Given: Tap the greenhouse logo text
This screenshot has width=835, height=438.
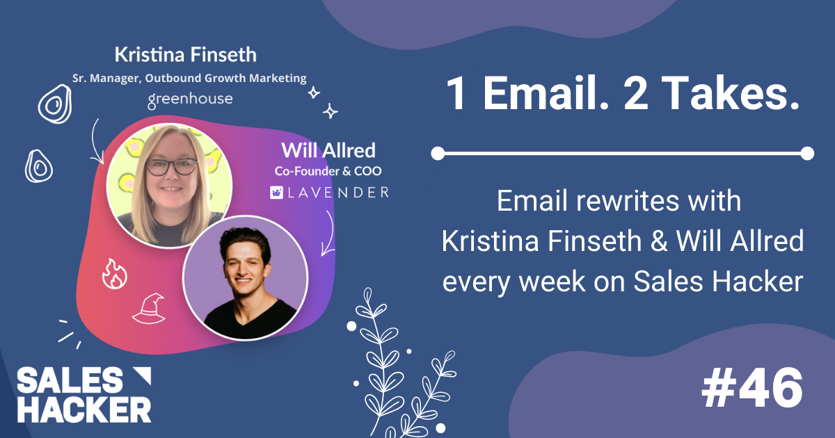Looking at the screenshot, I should tap(190, 100).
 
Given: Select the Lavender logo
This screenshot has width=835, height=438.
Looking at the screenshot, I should tap(329, 192).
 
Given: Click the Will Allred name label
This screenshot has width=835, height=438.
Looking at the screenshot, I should tap(328, 149).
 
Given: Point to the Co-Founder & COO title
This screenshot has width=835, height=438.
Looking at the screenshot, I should tap(328, 170).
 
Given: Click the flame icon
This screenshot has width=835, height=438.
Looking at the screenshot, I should tap(114, 273).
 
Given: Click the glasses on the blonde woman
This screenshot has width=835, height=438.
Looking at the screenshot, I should tap(171, 167).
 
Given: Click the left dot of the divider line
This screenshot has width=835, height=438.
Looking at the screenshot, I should tap(438, 153).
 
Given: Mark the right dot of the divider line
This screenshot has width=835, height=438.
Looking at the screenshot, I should tap(807, 153).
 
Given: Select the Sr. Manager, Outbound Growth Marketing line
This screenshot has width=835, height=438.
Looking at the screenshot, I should tap(189, 78).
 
